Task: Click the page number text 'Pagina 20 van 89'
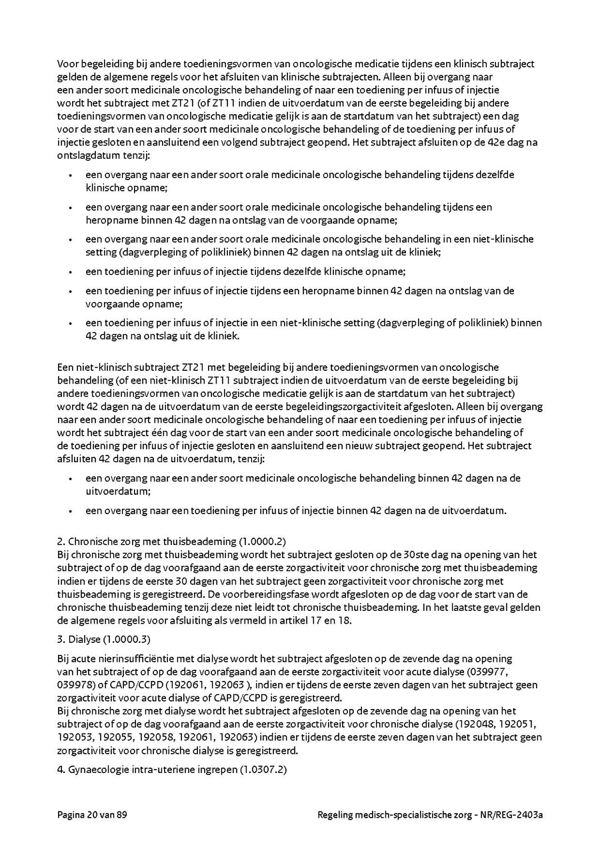[92, 814]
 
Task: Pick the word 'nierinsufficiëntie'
[131, 658]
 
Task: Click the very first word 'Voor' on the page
[68, 63]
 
